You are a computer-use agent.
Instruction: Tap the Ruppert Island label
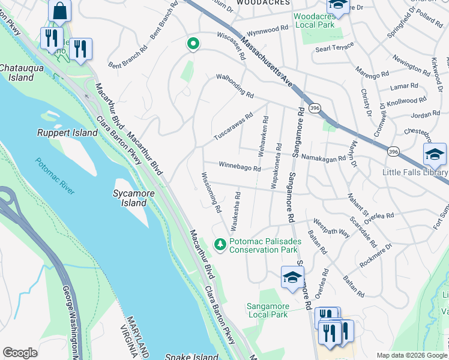pos(67,133)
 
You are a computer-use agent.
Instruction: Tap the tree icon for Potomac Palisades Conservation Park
pos(220,244)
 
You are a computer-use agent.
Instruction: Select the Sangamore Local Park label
pos(267,310)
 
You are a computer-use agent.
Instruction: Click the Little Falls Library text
pos(415,172)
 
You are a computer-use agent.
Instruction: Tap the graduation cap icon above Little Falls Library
pos(434,155)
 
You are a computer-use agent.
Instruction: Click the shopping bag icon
pos(59,10)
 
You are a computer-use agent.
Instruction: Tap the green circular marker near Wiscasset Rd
pos(193,43)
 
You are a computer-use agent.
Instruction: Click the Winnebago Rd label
pos(240,166)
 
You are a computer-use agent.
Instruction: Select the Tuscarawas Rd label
pos(234,127)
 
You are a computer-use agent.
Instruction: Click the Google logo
pos(20,353)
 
